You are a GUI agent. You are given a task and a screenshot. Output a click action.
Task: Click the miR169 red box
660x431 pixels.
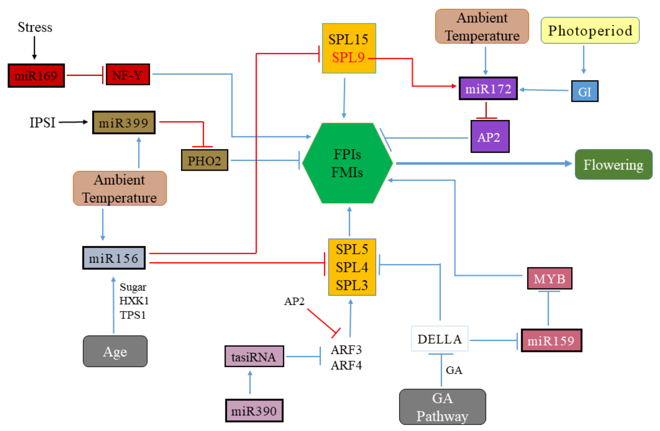36,76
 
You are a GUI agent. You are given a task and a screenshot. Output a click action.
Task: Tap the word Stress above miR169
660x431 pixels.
35,27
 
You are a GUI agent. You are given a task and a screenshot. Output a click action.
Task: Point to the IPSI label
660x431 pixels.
42,123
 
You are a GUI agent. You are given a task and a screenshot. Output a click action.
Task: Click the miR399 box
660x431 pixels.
124,123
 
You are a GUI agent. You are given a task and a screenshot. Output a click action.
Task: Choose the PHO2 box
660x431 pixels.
205,160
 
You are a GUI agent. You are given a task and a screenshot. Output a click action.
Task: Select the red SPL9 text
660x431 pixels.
348,58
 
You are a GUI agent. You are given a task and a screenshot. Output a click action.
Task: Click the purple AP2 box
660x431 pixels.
490,137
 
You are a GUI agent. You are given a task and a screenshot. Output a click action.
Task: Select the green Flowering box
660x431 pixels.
613,165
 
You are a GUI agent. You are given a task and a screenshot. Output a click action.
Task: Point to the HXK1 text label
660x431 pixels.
134,301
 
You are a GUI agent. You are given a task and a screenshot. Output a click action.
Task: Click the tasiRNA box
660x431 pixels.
254,356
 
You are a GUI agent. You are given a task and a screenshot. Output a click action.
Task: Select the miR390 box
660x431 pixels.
254,411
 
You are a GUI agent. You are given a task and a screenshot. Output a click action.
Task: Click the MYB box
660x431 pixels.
549,279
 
